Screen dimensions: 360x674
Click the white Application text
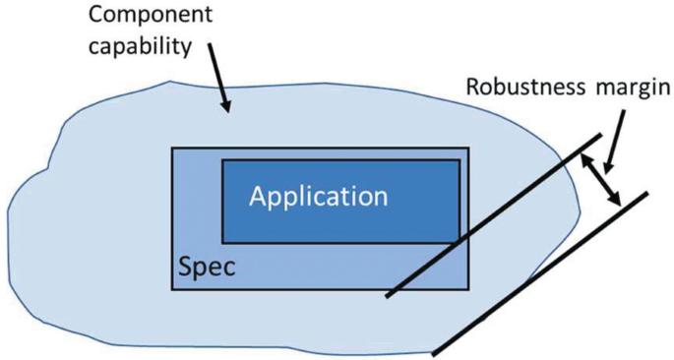click(x=318, y=196)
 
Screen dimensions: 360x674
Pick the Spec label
click(x=207, y=267)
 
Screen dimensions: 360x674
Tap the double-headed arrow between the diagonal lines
click(x=603, y=180)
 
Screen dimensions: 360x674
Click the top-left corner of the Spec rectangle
click(x=172, y=149)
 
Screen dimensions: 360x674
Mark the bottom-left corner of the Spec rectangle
click(x=172, y=289)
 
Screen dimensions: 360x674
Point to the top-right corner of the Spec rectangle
click(x=468, y=149)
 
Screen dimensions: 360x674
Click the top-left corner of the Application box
click(x=222, y=159)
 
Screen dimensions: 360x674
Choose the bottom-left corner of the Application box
click(x=222, y=242)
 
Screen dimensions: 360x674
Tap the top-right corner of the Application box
click(x=460, y=159)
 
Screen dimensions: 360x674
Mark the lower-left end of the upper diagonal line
click(x=386, y=295)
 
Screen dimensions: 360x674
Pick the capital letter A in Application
click(x=259, y=196)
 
